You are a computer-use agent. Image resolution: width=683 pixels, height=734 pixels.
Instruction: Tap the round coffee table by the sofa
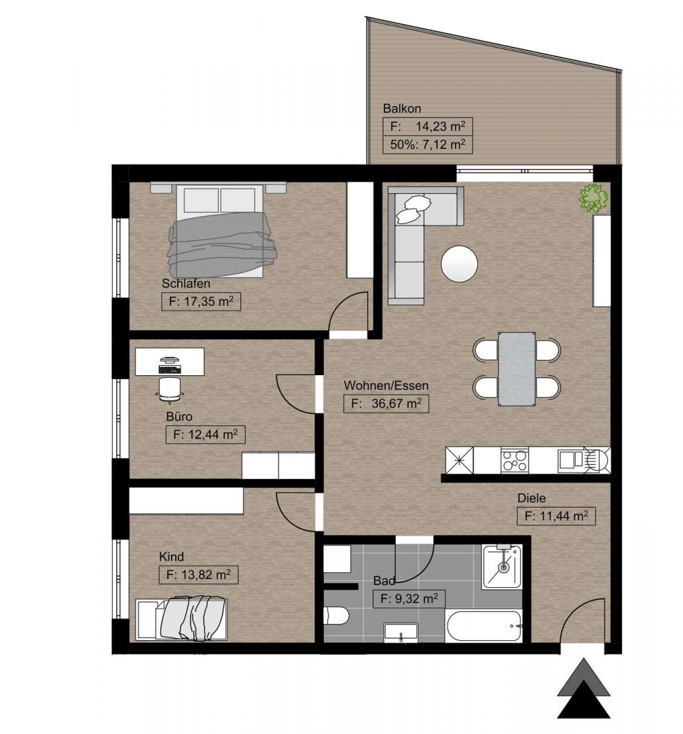459,264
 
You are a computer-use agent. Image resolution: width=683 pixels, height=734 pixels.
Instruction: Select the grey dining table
516,369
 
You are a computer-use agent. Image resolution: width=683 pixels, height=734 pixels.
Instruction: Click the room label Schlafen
186,283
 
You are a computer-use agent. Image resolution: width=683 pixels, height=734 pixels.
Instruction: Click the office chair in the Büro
168,389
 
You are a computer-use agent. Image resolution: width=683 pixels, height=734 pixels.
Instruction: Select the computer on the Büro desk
169,365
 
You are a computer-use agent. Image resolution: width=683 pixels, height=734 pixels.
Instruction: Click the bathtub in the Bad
484,626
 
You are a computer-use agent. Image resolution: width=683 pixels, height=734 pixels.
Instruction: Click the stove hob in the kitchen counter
514,459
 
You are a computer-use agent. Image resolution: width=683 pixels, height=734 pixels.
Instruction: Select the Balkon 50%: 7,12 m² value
427,144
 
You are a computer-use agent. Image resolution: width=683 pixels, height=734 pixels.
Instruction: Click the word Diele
532,498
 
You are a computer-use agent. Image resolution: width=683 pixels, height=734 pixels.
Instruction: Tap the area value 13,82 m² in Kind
206,574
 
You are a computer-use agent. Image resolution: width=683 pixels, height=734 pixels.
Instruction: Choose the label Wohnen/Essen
386,386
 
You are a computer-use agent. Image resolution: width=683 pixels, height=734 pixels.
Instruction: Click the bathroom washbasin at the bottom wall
401,633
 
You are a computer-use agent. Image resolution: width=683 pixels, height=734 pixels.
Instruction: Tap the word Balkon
402,109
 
